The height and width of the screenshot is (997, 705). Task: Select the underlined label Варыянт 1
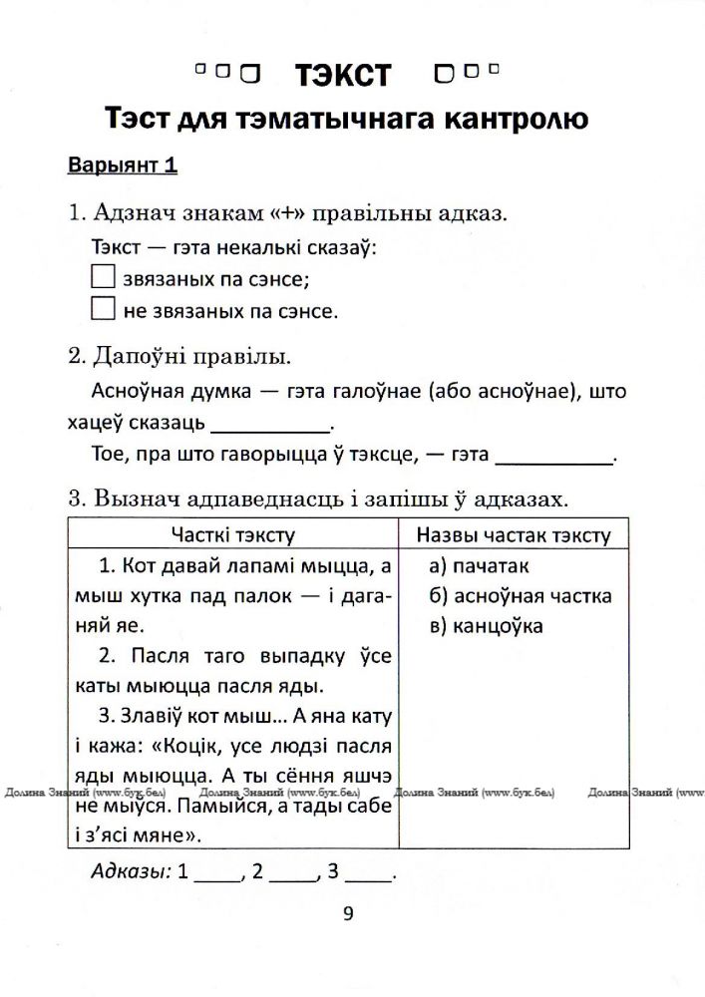pyautogui.click(x=123, y=166)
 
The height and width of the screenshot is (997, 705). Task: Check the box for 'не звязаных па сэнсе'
pyautogui.click(x=104, y=309)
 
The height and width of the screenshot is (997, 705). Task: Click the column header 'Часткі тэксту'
pyautogui.click(x=232, y=535)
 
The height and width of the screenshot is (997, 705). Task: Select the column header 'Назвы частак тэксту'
pyautogui.click(x=514, y=535)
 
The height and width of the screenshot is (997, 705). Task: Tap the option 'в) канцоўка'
pyautogui.click(x=487, y=626)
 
